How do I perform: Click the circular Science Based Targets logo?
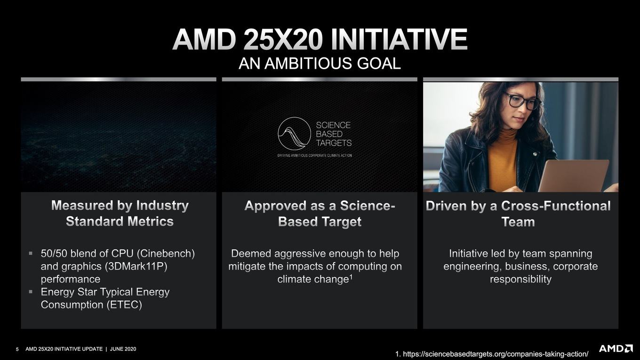pyautogui.click(x=294, y=134)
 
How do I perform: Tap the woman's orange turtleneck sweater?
pyautogui.click(x=502, y=160)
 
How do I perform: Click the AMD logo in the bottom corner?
pyautogui.click(x=616, y=348)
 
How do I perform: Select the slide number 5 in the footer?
pyautogui.click(x=17, y=349)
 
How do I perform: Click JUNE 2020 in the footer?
pyautogui.click(x=123, y=349)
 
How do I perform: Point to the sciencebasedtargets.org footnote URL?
pyautogui.click(x=492, y=354)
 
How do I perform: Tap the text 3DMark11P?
pyautogui.click(x=136, y=266)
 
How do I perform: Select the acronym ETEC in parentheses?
pyautogui.click(x=124, y=304)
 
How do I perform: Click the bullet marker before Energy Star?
pyautogui.click(x=31, y=292)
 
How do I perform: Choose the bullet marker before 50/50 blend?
pyautogui.click(x=31, y=253)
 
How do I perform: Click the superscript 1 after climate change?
pyautogui.click(x=351, y=277)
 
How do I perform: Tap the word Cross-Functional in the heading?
pyautogui.click(x=556, y=206)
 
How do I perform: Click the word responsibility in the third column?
pyautogui.click(x=520, y=279)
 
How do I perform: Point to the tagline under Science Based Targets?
pyautogui.click(x=314, y=155)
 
